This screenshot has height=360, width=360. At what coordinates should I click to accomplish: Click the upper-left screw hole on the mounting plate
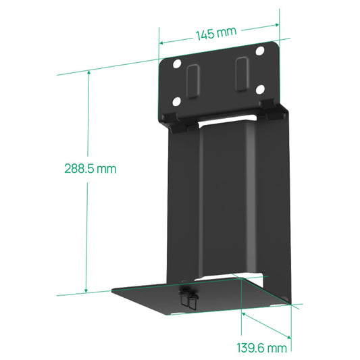coord(177,65)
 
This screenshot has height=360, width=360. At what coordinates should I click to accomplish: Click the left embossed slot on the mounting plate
coord(192,80)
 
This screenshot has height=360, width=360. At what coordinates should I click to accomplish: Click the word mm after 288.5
coord(105,168)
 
